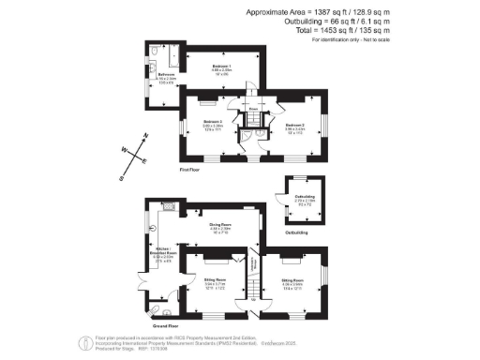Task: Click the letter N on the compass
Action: [x=145, y=136]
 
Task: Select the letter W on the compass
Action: [x=121, y=148]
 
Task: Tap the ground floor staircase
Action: [x=252, y=285]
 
